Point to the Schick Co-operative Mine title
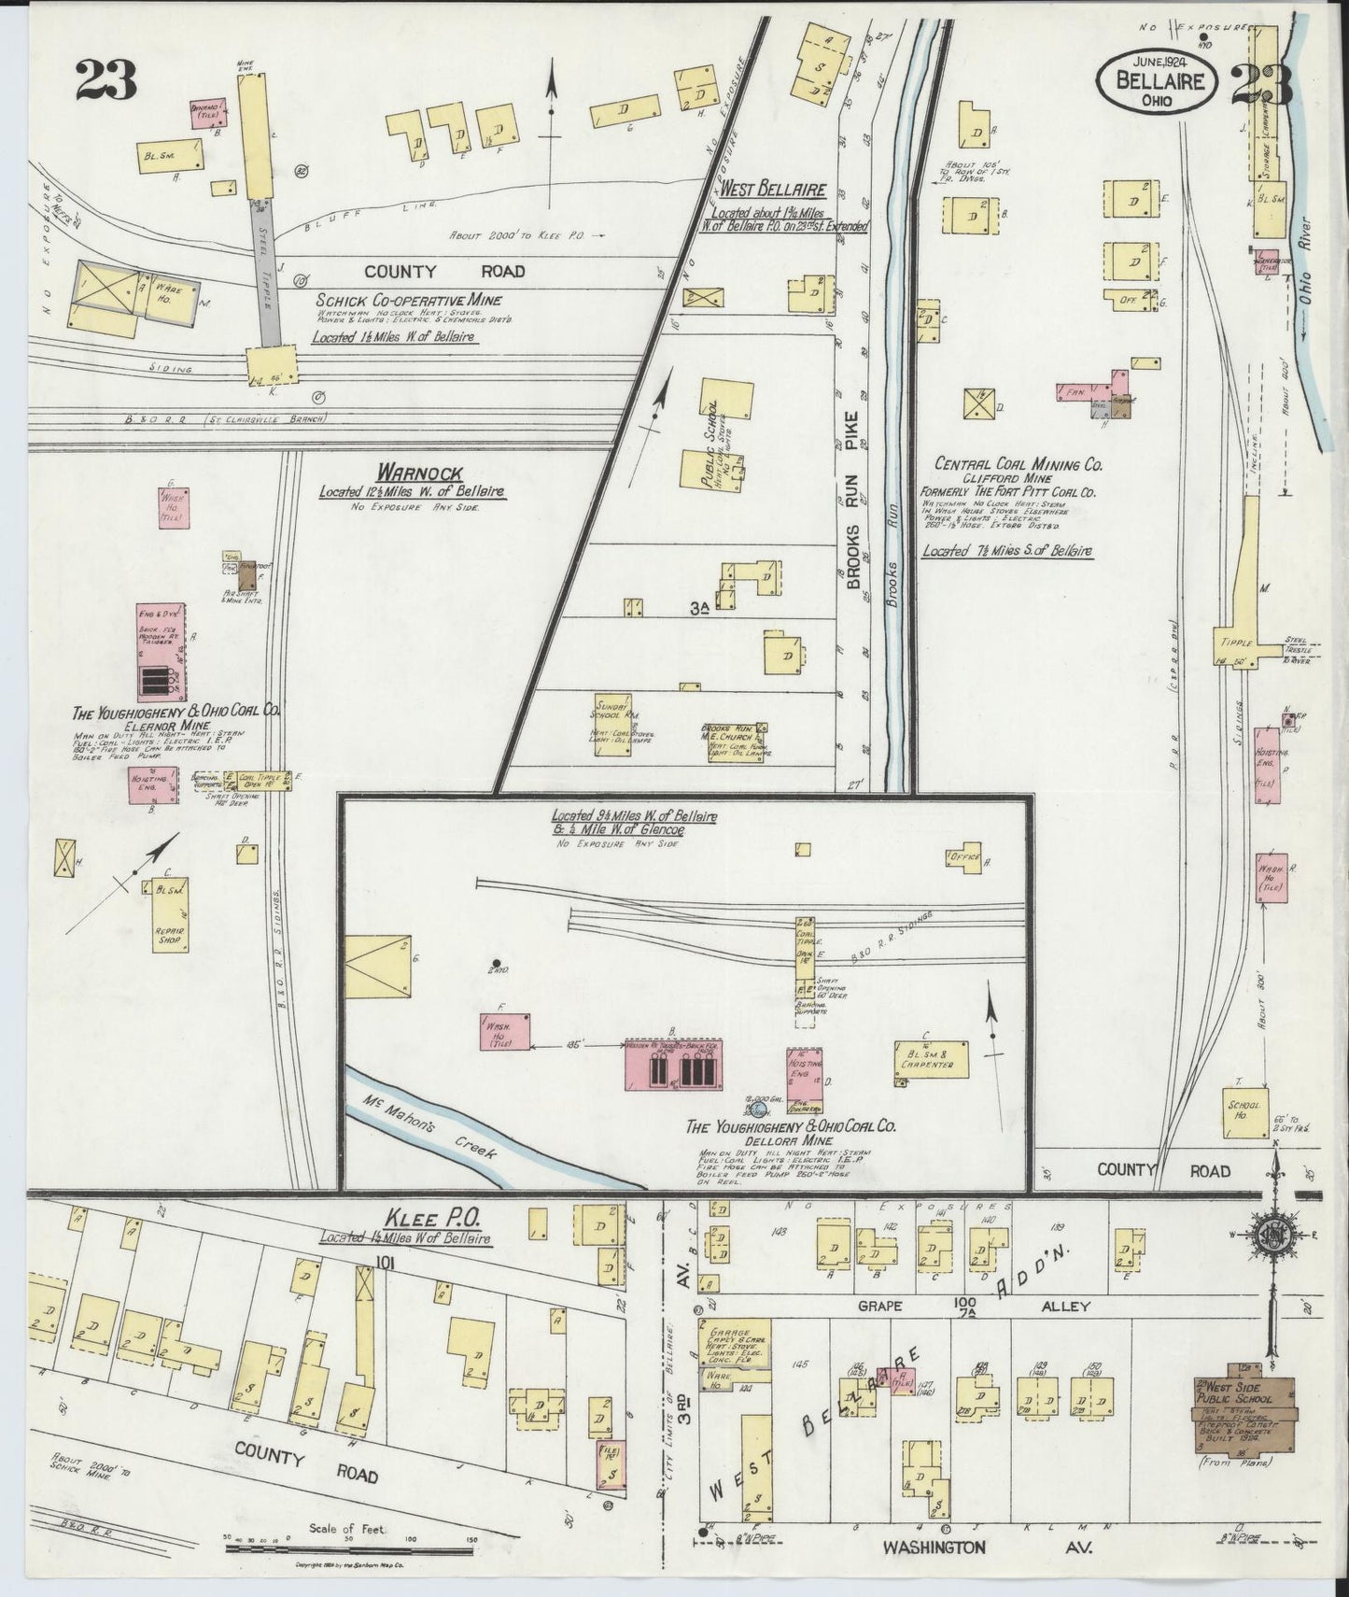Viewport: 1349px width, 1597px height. coord(408,300)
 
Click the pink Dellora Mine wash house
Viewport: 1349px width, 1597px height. coord(505,1034)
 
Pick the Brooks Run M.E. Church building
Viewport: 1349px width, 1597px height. coord(736,740)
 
